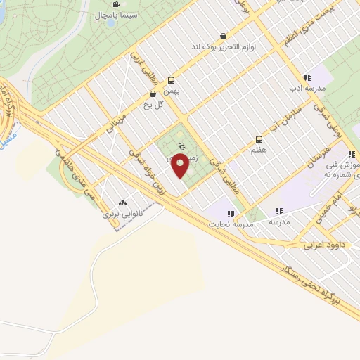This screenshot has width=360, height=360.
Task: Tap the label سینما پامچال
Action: click(x=110, y=14)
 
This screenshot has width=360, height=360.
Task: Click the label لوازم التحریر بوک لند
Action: click(x=224, y=46)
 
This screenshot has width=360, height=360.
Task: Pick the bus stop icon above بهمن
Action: click(x=171, y=81)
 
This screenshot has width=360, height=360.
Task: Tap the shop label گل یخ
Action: click(x=153, y=104)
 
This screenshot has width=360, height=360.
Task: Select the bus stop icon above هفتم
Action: click(x=259, y=139)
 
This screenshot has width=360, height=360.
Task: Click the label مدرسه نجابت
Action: click(x=229, y=224)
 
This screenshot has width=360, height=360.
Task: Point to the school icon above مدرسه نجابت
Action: click(x=230, y=213)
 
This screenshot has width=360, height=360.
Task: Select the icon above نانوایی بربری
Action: click(x=124, y=202)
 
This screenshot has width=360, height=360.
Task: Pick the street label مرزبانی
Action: click(x=117, y=124)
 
